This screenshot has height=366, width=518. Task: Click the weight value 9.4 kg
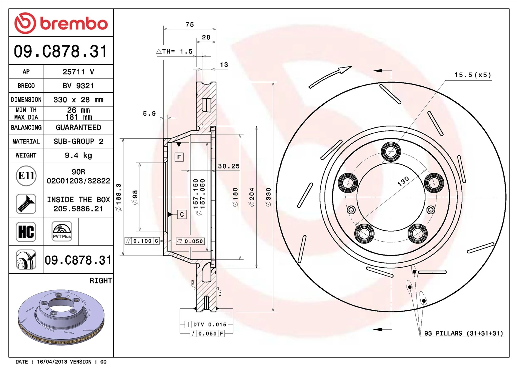[x=78, y=156]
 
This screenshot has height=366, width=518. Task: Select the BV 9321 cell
[x=78, y=86]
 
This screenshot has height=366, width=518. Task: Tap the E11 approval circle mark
[x=26, y=176]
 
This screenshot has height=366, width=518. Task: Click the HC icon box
[x=26, y=232]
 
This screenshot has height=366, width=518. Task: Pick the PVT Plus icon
[x=62, y=231]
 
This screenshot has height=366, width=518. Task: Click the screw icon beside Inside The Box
[x=26, y=204]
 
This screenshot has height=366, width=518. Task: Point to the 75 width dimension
[x=190, y=25]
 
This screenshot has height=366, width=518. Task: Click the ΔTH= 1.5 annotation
[x=175, y=51]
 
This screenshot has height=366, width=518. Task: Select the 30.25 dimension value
[x=228, y=166]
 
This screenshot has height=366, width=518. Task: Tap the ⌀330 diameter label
[x=268, y=197]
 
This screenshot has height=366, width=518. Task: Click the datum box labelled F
[x=179, y=157]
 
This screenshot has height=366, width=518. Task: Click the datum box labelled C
[x=182, y=215]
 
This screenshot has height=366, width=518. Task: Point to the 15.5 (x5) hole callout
[x=473, y=75]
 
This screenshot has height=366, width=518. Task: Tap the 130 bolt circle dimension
[x=403, y=181]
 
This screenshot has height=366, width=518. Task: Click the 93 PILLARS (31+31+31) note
[x=464, y=333]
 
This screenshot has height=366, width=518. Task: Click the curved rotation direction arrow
[x=330, y=77]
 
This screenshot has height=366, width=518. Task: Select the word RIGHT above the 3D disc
[x=101, y=281]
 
